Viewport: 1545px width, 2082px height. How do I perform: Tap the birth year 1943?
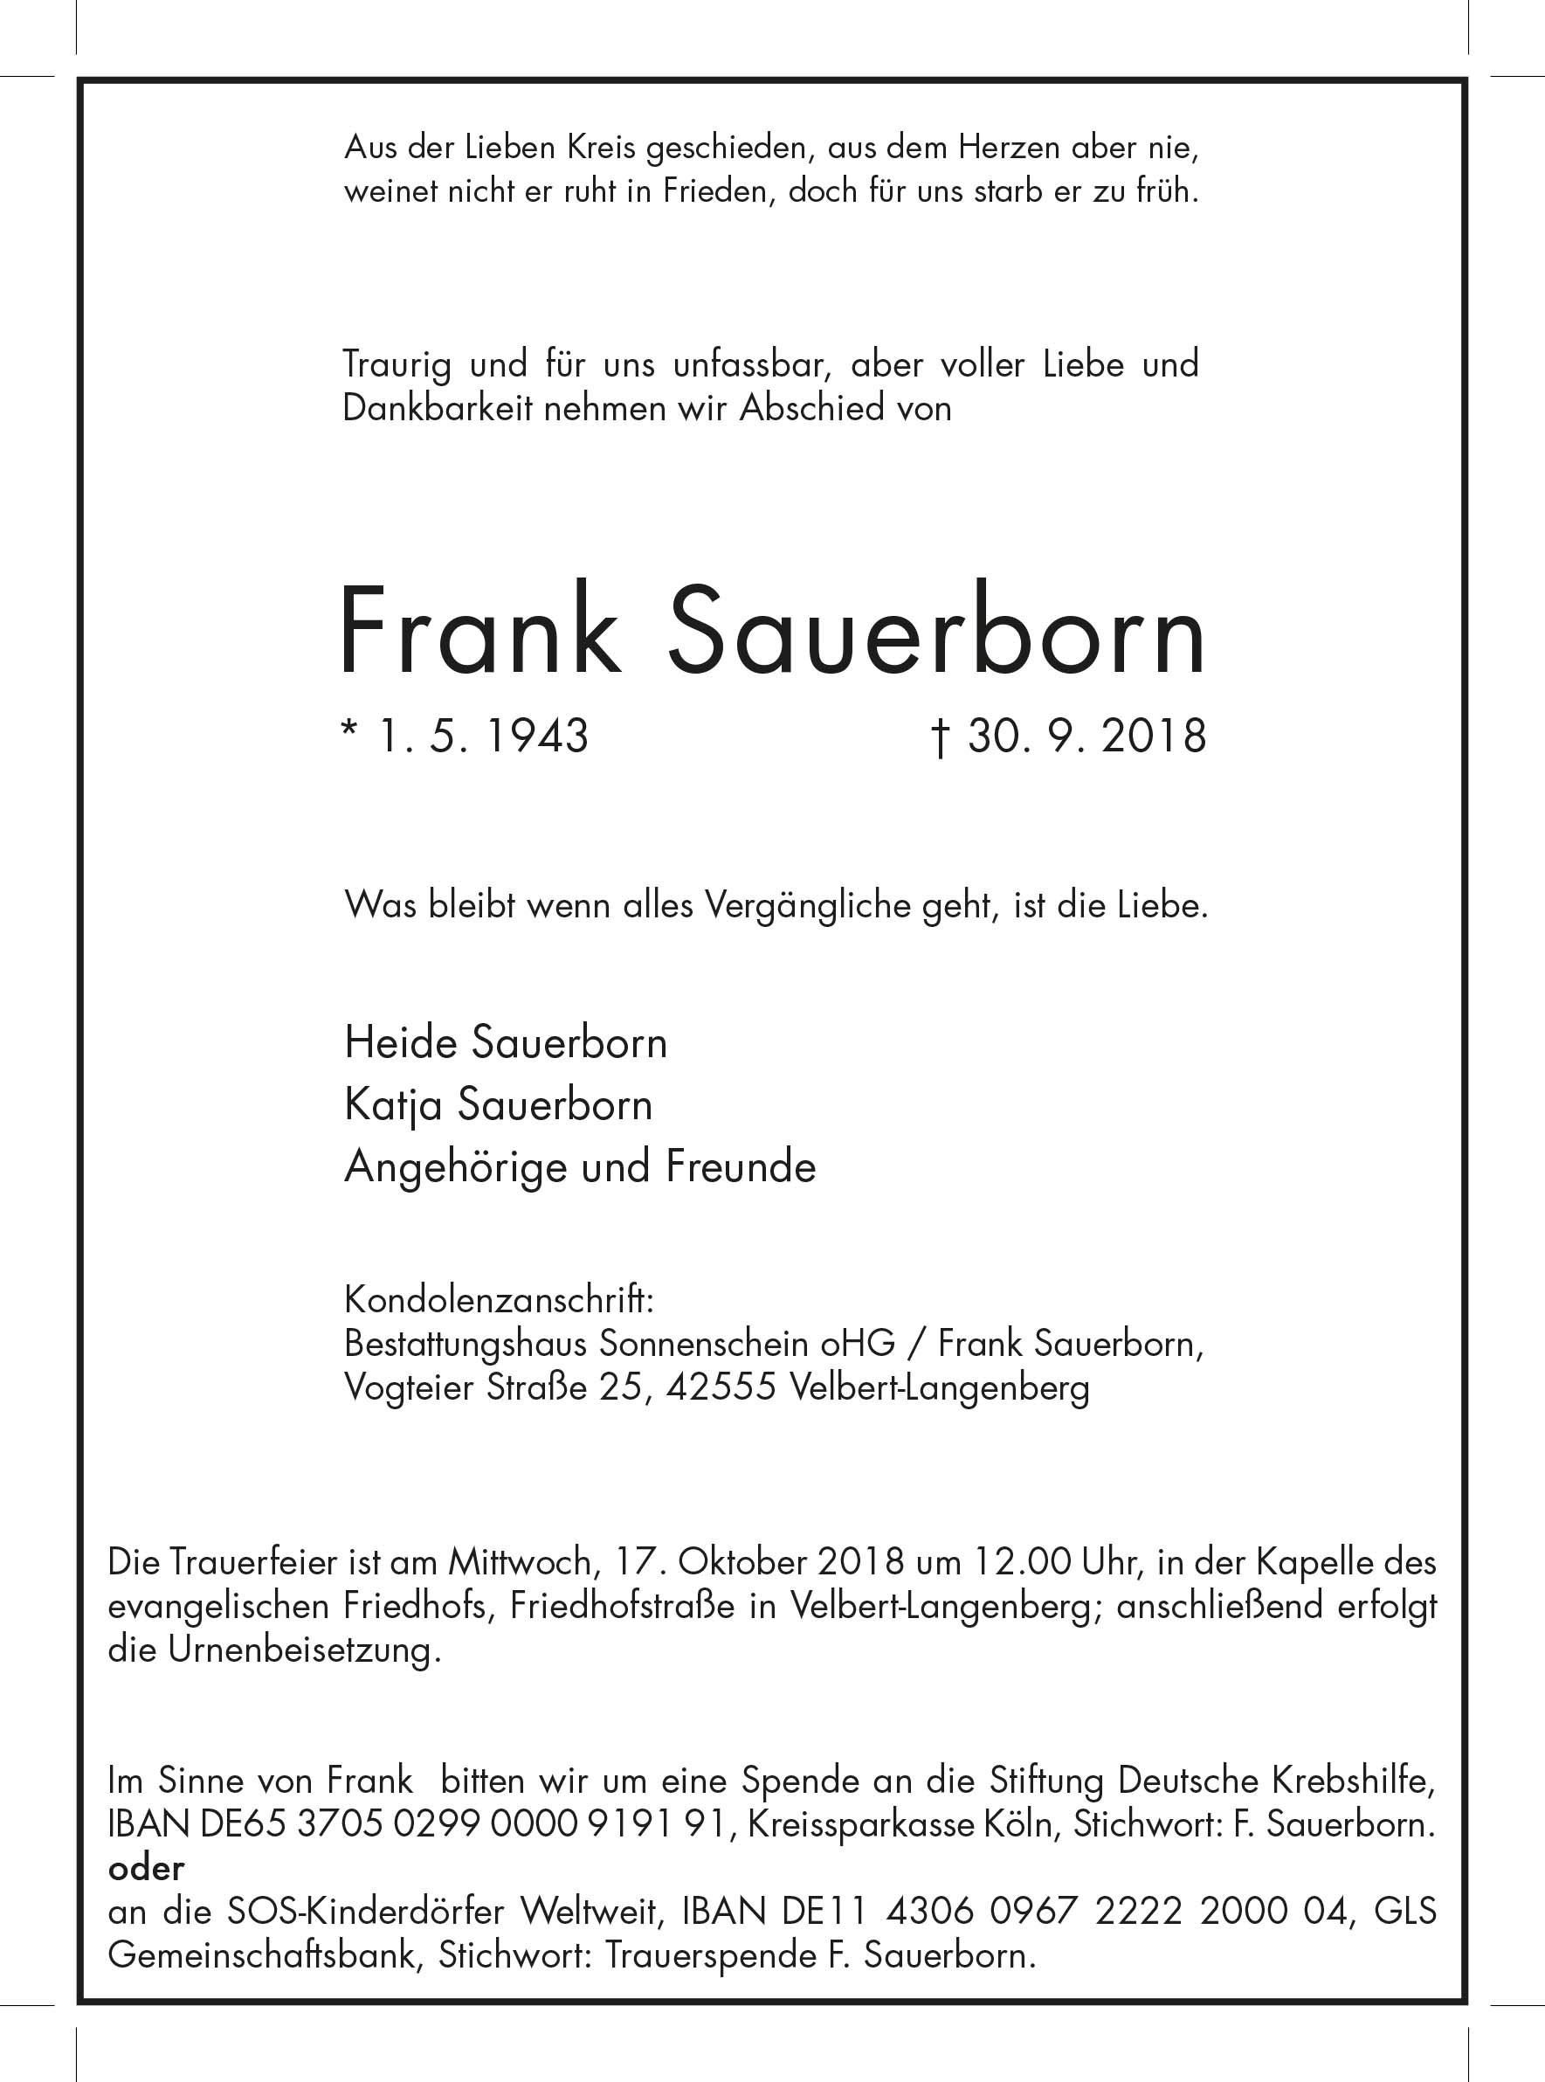[x=537, y=737]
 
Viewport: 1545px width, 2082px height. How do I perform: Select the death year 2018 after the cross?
[x=1153, y=737]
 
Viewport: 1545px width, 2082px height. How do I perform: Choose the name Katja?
[x=393, y=1105]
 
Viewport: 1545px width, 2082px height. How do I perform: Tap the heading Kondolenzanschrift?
[x=499, y=1299]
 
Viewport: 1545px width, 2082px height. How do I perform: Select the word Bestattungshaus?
[x=466, y=1344]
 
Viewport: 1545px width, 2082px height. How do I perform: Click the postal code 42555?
[x=721, y=1387]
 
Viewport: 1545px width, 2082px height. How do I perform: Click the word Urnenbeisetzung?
[x=303, y=1649]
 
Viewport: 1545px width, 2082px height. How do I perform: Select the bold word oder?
[x=146, y=1868]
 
